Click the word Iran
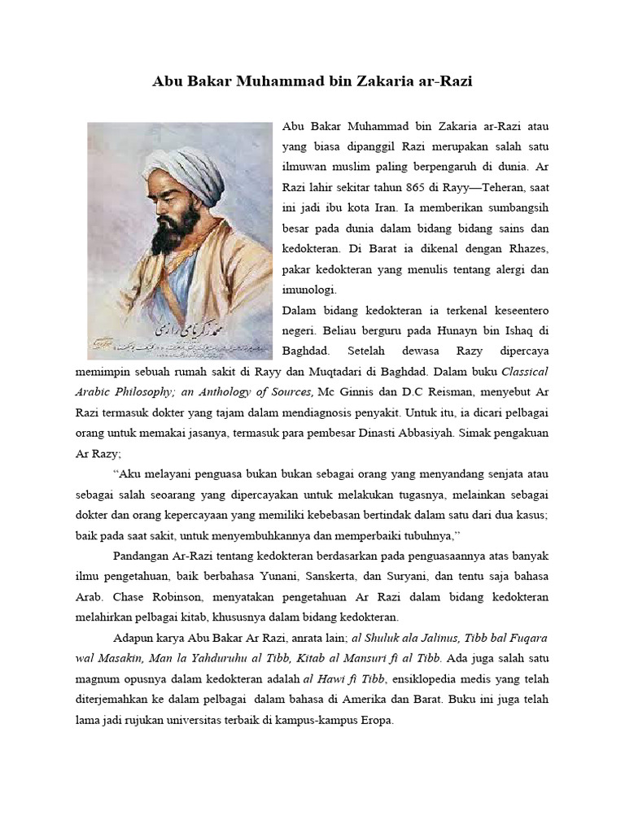point(374,207)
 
